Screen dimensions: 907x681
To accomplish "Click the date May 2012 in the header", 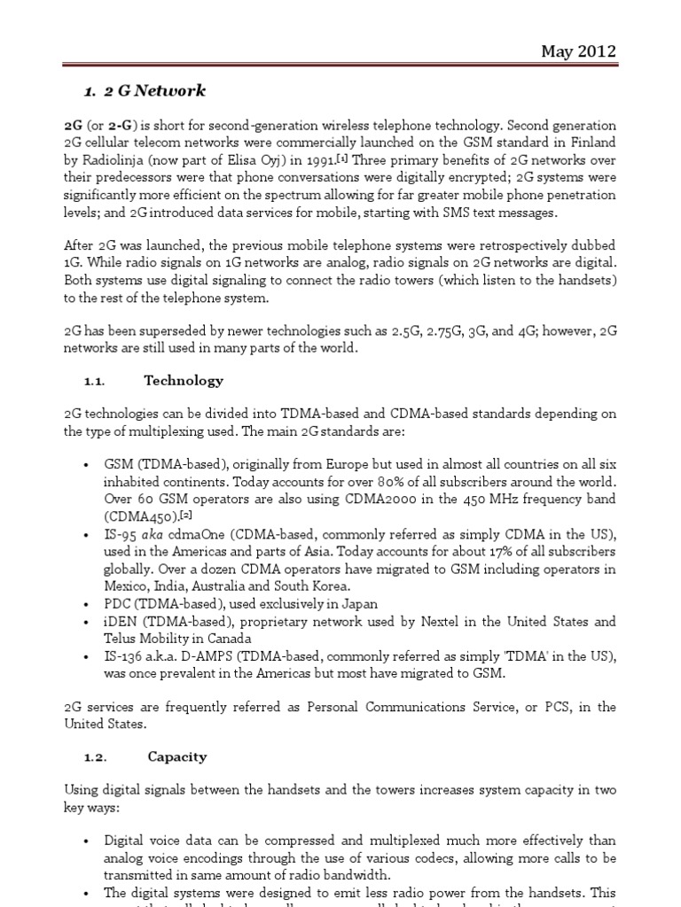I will coord(578,51).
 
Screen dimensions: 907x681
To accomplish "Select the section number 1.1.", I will coord(95,381).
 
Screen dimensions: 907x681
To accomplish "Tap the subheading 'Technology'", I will coord(184,381).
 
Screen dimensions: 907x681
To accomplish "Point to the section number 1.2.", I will coord(95,756).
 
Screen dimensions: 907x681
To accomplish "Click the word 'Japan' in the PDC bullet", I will coord(358,604).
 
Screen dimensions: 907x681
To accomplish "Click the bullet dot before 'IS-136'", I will coord(85,657).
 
